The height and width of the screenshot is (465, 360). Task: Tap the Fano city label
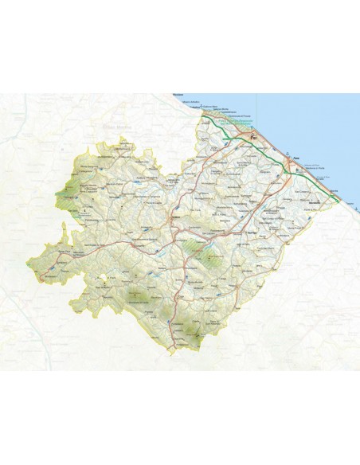point(295,158)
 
